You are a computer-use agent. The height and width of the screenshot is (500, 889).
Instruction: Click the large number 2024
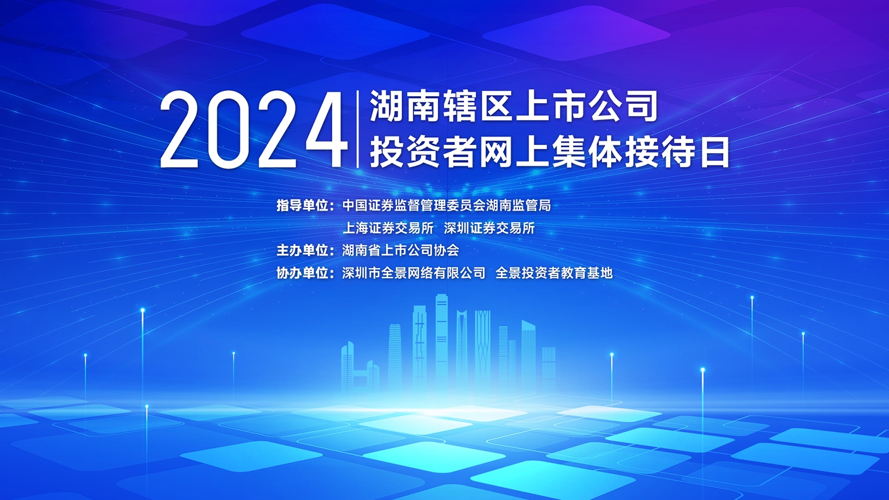253,129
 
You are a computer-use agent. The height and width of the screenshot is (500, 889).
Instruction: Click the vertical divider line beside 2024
358,129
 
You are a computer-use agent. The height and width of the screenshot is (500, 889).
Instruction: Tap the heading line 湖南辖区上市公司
513,106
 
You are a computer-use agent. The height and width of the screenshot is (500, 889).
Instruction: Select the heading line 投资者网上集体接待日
550,152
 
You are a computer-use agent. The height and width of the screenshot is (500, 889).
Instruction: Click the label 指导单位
302,206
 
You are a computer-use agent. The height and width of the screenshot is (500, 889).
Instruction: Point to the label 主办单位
302,251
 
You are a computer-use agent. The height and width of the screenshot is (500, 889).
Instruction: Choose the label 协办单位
302,273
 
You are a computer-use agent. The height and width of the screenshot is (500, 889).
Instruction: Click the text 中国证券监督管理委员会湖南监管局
447,206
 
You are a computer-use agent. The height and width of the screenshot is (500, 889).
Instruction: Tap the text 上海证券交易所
388,228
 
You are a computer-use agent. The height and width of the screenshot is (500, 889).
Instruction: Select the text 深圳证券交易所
490,228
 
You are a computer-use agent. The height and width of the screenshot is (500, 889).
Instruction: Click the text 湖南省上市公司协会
401,251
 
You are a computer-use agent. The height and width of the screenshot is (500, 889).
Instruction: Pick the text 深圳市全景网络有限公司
414,273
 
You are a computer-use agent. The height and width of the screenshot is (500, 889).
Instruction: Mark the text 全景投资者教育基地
554,273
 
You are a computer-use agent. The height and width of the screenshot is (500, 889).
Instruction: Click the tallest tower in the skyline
441,341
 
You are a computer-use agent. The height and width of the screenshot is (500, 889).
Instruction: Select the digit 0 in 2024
229,129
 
